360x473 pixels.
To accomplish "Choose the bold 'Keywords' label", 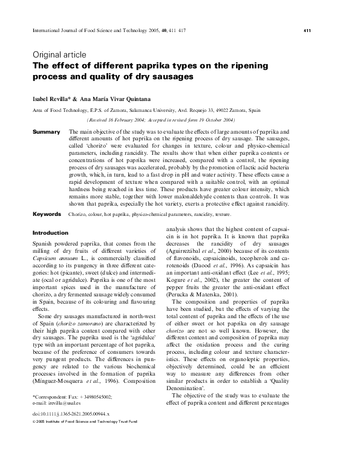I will pyautogui.click(x=47, y=214).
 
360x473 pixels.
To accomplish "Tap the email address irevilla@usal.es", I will pyautogui.click(x=67, y=402).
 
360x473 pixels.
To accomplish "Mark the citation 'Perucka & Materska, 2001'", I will pyautogui.click(x=197, y=312).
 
